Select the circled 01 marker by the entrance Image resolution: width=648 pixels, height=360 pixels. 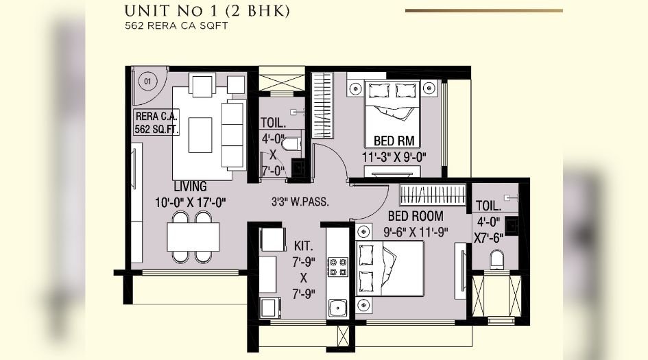click(x=146, y=81)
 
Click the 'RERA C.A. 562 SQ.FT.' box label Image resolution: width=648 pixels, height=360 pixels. click(x=156, y=121)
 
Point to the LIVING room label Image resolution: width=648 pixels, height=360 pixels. click(x=190, y=187)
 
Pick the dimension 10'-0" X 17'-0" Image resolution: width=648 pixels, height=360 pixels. click(x=190, y=202)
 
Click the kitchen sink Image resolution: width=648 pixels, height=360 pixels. click(x=337, y=308)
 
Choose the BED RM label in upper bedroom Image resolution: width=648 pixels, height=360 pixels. click(x=394, y=141)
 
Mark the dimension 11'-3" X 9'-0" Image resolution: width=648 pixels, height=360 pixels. click(x=394, y=156)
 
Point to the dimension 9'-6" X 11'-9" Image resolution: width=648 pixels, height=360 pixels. click(x=415, y=232)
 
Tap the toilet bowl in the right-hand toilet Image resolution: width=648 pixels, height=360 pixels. click(x=496, y=259)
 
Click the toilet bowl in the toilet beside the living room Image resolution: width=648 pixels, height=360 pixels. click(x=291, y=144)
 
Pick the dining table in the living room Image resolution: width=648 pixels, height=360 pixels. click(x=193, y=237)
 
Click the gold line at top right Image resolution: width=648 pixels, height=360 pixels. click(x=483, y=10)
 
